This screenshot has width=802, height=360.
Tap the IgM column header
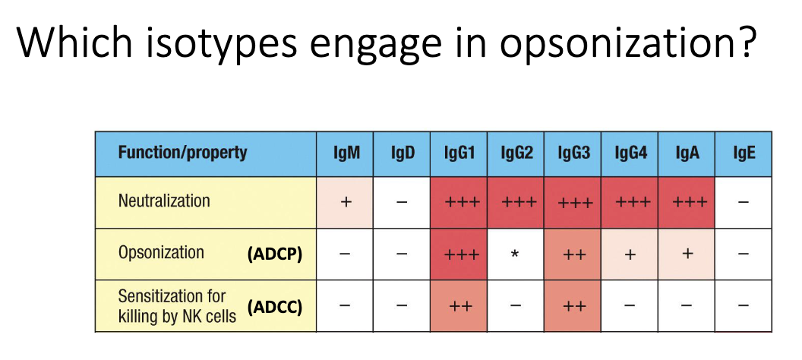tap(345, 154)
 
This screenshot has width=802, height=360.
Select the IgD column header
tap(402, 154)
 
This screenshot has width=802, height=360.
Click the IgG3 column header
tap(573, 154)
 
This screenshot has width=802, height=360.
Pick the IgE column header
tap(744, 154)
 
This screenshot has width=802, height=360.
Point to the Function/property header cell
tap(206, 154)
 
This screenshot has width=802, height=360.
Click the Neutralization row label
tap(164, 201)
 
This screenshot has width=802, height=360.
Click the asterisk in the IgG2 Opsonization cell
tap(516, 254)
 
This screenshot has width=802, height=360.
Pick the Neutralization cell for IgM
tap(345, 203)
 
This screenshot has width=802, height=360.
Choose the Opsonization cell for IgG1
tap(459, 254)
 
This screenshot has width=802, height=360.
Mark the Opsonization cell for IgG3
tap(573, 254)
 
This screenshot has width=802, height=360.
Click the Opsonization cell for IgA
tap(687, 254)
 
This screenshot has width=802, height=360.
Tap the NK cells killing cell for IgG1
tap(459, 306)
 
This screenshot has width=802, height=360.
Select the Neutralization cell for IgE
tap(744, 203)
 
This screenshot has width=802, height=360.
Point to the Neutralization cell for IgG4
tap(630, 203)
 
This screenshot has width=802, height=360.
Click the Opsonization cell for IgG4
tap(630, 254)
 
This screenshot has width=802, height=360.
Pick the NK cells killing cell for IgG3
tap(573, 306)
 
